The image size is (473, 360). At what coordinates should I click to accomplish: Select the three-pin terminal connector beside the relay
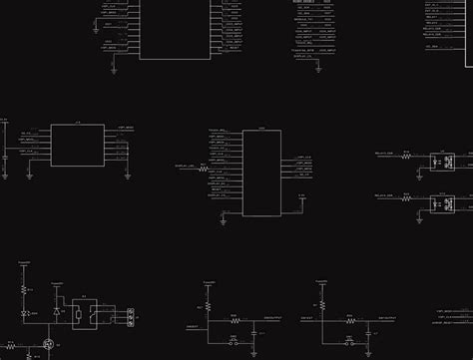click(129, 316)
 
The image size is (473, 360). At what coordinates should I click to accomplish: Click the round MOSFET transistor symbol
click(47, 344)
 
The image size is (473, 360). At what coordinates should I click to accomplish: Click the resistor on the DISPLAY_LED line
click(203, 171)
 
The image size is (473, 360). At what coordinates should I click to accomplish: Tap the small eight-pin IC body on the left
click(78, 146)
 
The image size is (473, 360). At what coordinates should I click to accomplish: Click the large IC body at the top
click(179, 30)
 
